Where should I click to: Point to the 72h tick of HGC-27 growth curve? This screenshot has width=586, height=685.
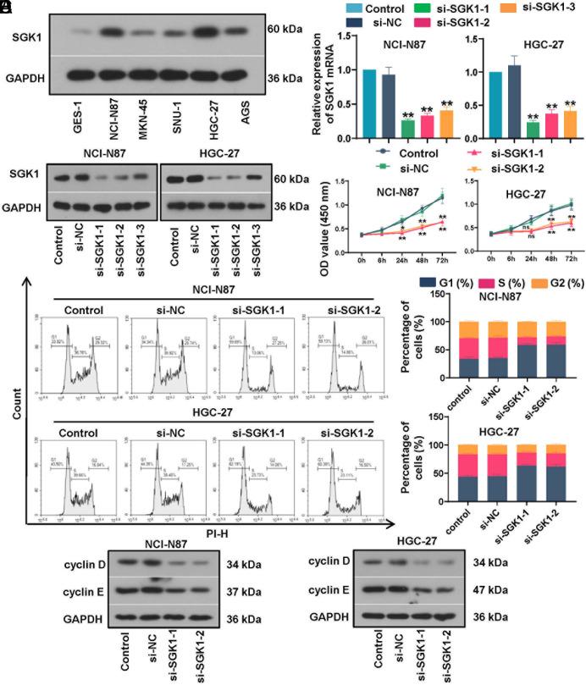click(x=572, y=251)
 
